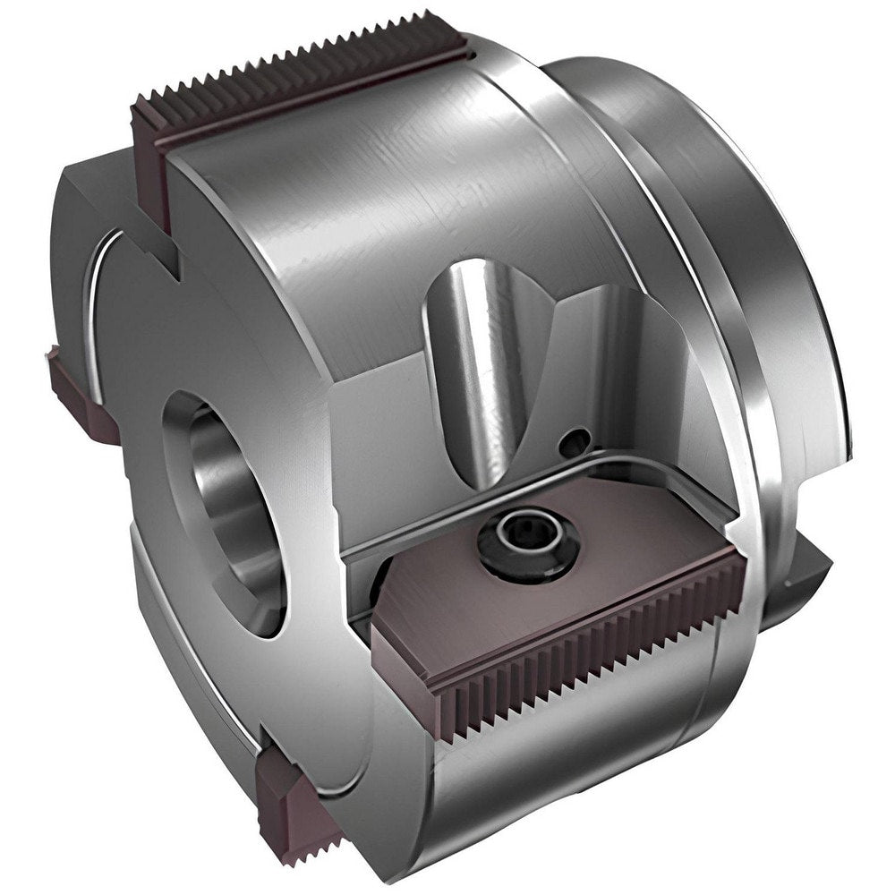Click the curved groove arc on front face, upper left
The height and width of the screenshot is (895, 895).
pos(103,295)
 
